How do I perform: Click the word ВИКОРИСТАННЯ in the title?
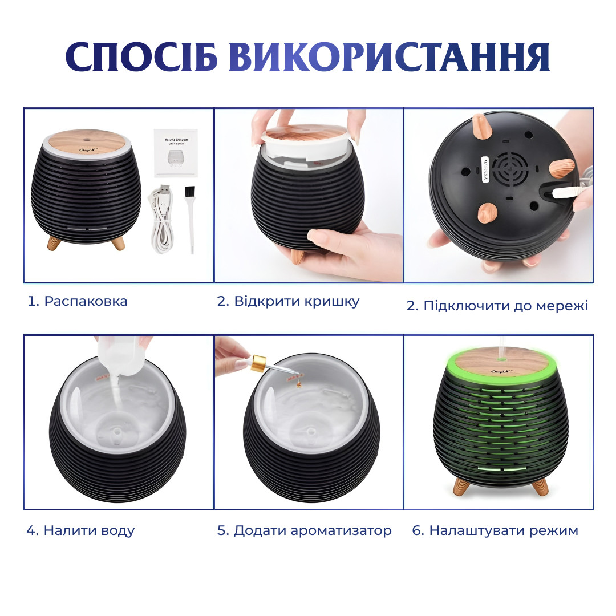389,57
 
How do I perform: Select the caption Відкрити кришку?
288,302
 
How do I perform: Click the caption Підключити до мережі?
497,306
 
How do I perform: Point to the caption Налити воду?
80,531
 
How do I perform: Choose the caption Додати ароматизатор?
305,531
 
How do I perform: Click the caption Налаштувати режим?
495,531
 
